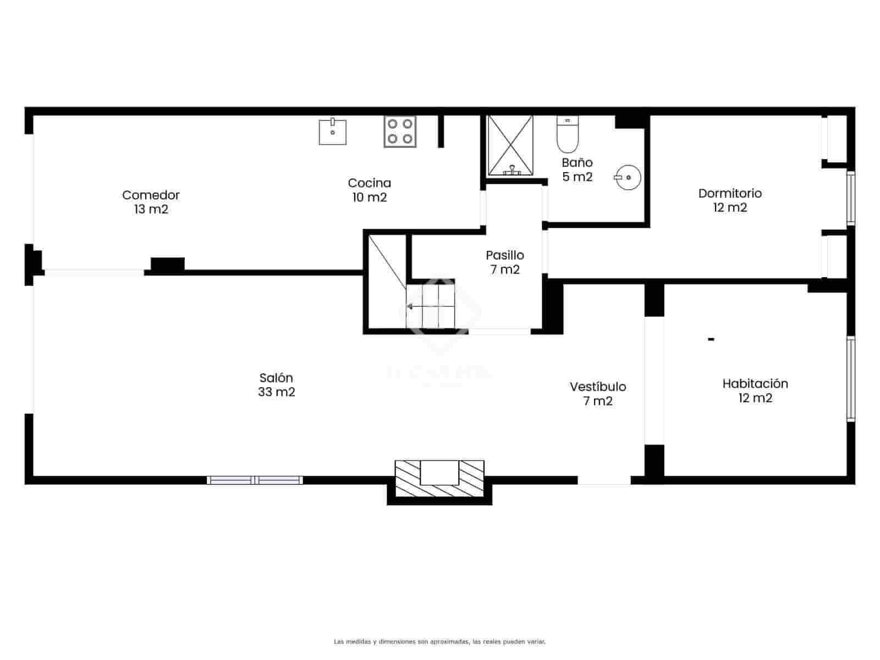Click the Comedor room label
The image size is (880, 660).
pos(151,195)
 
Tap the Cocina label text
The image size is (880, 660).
pos(369,183)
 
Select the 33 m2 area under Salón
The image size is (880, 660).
pos(276,392)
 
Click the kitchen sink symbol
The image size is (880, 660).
pos(333,131)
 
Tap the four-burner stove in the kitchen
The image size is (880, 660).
pos(400,131)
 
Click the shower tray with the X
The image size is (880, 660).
pos(511,145)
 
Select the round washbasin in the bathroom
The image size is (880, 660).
pos(628,178)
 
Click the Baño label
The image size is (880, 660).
pos(577,163)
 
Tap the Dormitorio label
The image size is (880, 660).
pos(730,194)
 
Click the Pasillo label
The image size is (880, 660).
pos(504,255)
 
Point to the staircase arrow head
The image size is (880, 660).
pos(410,306)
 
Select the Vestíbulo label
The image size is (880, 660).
pos(598,387)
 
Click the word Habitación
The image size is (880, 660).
pos(755,384)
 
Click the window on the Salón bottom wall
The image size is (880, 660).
pos(255,480)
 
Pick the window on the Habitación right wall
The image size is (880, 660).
pos(850,378)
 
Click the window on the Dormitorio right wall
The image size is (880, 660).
pos(850,198)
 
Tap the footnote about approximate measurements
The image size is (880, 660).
pos(439,642)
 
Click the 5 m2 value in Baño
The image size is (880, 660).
pos(577,177)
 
